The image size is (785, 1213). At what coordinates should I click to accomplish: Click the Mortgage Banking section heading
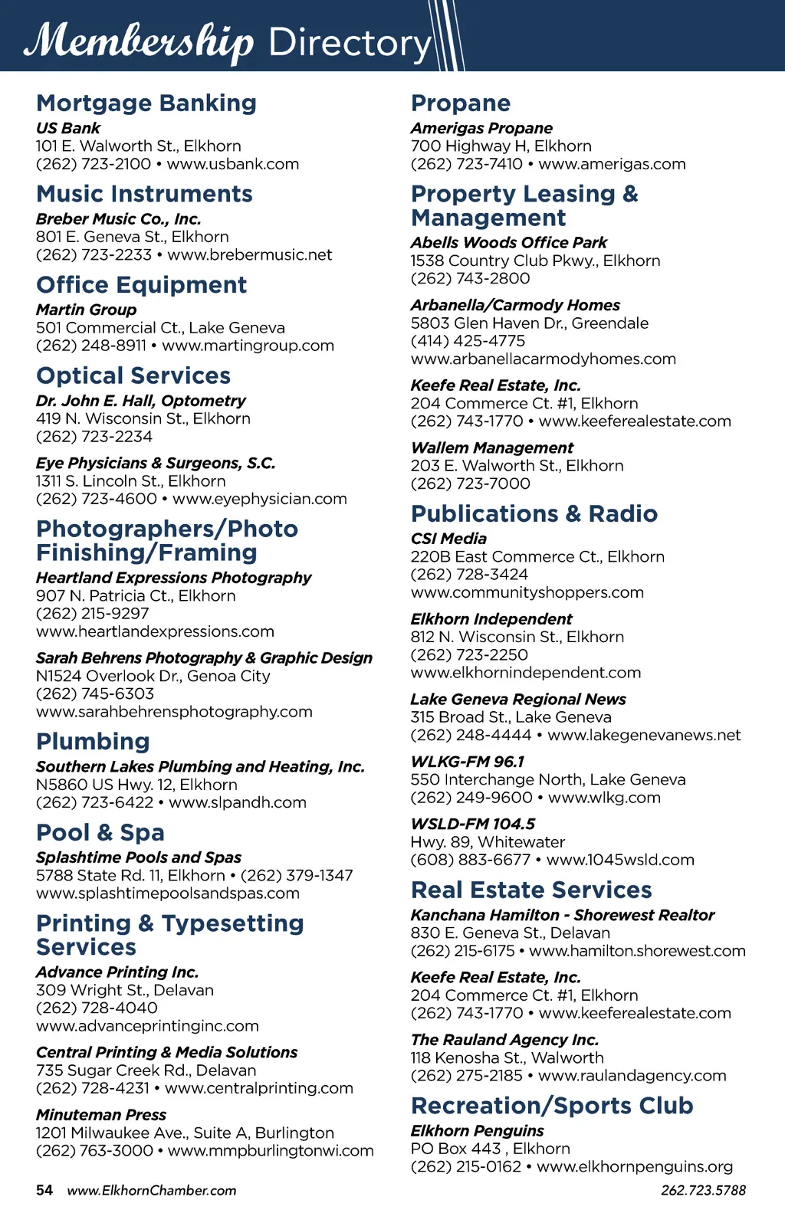146,103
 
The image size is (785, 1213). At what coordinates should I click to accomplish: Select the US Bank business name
68,128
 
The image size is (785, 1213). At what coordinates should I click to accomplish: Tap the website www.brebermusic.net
250,254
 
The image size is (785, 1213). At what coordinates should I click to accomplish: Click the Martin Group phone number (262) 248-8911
91,346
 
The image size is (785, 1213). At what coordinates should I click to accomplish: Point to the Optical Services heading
133,375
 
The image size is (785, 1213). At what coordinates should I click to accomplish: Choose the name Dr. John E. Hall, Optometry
141,401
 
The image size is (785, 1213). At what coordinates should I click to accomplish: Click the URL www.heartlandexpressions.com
155,631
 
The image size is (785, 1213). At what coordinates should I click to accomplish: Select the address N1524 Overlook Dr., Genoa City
153,676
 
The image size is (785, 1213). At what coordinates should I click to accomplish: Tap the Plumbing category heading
93,741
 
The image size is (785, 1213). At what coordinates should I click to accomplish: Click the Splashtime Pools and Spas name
139,857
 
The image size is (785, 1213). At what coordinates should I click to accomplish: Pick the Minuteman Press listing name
101,1115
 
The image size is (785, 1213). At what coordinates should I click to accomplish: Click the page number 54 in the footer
44,1190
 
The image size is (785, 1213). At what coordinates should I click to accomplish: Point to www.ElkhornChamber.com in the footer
152,1190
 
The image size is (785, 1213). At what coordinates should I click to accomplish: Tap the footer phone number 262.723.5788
703,1190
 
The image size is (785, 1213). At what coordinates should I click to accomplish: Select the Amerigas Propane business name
481,128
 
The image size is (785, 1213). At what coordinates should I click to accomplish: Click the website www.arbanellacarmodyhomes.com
544,359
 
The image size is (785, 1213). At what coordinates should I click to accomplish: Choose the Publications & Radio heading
534,513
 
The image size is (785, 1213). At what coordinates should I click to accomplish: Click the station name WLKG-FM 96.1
468,762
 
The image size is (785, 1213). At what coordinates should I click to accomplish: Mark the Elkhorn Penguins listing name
478,1131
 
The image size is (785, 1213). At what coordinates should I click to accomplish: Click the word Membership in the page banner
139,41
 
